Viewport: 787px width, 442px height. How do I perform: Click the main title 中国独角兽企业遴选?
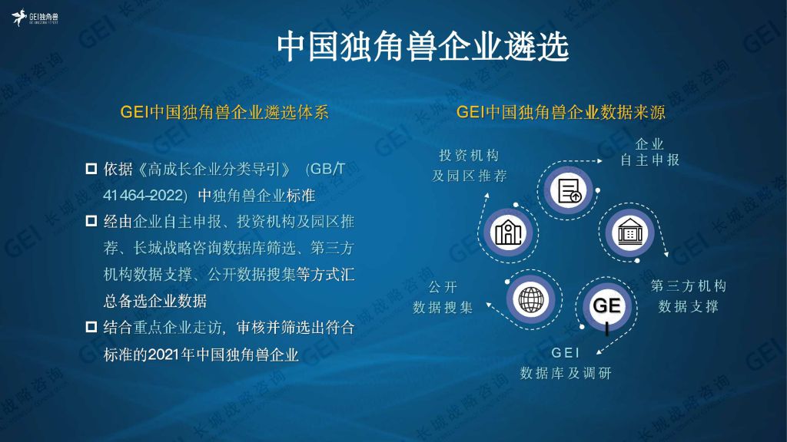click(x=423, y=47)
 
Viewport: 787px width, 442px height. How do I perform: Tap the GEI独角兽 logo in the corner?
click(x=35, y=18)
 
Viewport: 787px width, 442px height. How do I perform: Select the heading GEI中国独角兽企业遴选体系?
click(x=224, y=112)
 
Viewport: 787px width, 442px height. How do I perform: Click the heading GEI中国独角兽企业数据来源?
click(x=560, y=112)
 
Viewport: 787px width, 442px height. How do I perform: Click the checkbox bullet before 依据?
click(x=91, y=168)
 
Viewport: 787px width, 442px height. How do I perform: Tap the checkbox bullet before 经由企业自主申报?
click(x=91, y=220)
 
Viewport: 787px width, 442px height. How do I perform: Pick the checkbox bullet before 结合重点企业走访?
click(x=91, y=327)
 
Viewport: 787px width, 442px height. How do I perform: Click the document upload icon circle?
click(x=568, y=190)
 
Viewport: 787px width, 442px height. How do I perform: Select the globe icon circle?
click(x=531, y=299)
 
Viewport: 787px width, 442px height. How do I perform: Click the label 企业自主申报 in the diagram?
click(x=649, y=152)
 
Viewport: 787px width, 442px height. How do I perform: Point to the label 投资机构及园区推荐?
click(x=470, y=166)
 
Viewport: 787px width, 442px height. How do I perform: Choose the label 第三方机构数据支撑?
click(x=688, y=295)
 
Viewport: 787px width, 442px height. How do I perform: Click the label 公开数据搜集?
click(x=443, y=297)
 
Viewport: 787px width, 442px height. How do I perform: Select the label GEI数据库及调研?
click(x=566, y=363)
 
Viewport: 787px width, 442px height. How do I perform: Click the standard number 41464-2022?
click(x=142, y=195)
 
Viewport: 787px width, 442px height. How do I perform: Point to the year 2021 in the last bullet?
click(x=164, y=355)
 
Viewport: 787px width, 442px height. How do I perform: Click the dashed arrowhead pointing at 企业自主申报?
click(x=599, y=161)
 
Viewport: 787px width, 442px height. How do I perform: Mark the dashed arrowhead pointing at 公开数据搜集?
click(x=488, y=304)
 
